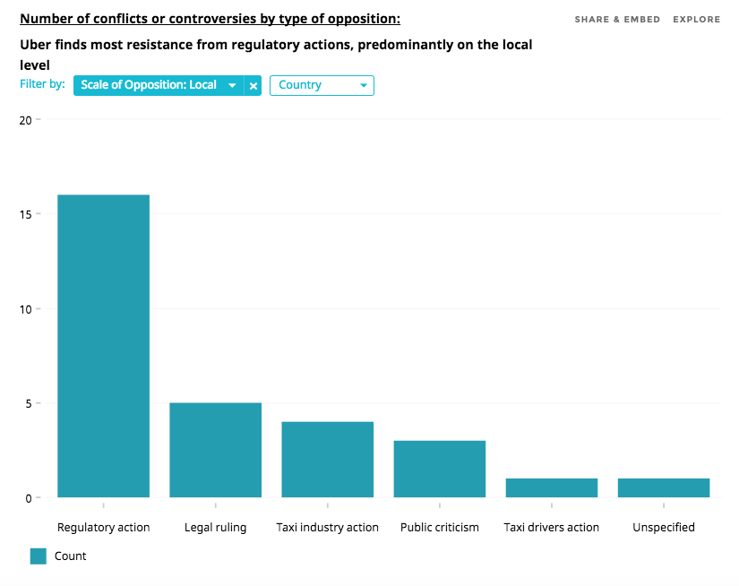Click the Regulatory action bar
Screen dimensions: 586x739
103,346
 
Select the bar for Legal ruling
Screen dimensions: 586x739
215,450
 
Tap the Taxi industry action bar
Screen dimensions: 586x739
327,459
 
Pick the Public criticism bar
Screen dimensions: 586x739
439,469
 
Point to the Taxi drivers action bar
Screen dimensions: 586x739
551,487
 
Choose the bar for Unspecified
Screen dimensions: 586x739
663,487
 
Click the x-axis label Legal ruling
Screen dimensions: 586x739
215,527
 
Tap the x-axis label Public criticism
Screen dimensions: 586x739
439,527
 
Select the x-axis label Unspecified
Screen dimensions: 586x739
663,527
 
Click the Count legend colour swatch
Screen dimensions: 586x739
38,556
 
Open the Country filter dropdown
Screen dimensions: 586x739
322,85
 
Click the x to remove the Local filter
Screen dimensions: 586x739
253,85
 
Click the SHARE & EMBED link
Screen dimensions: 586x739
617,20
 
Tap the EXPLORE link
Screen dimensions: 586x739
696,20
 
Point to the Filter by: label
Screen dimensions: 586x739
42,84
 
